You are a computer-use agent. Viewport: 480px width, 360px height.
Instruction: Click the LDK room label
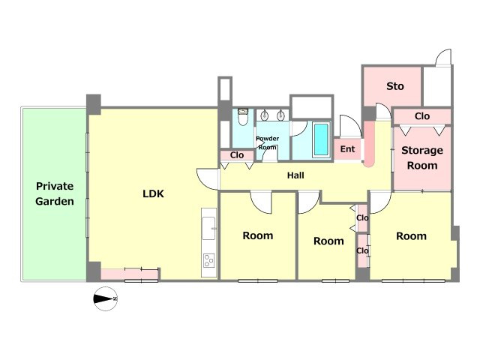click(x=153, y=193)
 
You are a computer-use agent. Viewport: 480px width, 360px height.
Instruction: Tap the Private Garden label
click(x=55, y=193)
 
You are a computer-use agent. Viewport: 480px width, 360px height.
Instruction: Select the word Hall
click(x=295, y=175)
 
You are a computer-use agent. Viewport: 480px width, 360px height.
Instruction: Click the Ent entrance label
click(x=347, y=149)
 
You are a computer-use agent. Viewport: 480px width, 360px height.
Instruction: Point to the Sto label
click(x=395, y=86)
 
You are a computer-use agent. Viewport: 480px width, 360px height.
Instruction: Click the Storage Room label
click(x=422, y=157)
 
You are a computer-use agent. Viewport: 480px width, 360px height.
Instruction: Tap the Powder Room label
click(x=267, y=142)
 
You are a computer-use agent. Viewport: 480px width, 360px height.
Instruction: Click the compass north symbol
click(x=105, y=298)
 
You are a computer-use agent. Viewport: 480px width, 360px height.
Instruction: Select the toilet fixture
click(x=243, y=117)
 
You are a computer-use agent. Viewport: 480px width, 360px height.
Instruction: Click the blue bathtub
click(x=321, y=139)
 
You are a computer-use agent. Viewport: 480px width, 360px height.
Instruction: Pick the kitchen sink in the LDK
click(x=208, y=228)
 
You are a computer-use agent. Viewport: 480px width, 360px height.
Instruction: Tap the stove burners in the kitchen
click(x=209, y=261)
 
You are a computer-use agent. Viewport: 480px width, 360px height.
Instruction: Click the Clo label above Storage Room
click(x=422, y=116)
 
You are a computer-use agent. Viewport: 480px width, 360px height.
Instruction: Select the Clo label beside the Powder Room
click(x=237, y=155)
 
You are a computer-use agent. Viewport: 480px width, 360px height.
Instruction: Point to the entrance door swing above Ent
click(x=351, y=126)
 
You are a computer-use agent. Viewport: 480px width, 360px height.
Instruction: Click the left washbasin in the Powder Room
click(x=265, y=115)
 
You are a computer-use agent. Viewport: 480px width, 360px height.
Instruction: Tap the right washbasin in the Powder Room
click(x=280, y=115)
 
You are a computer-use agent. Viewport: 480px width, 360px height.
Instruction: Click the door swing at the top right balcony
click(x=443, y=57)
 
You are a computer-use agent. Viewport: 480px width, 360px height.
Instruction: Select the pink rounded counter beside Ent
click(x=369, y=144)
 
